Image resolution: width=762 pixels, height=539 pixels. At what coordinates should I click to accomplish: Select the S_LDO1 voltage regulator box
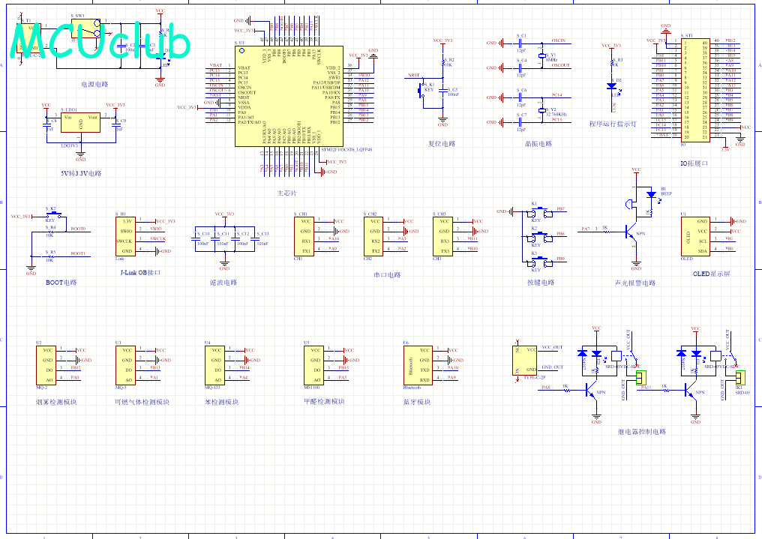pos(80,122)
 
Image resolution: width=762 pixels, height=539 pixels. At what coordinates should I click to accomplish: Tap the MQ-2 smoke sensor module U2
pos(47,364)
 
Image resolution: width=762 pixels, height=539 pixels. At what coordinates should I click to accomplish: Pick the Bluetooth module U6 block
pos(416,364)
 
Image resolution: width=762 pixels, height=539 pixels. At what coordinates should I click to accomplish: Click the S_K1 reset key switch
pos(423,88)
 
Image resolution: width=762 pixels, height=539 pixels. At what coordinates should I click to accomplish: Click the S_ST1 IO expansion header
pos(694,90)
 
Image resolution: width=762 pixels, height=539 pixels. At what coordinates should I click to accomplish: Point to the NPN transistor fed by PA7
pos(632,233)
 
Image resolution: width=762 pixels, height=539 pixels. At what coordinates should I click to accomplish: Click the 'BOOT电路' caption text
pos(61,283)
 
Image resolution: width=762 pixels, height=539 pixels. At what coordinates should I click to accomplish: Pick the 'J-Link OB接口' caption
pos(140,273)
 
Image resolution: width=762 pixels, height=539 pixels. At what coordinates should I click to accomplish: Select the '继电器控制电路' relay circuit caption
pos(641,432)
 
